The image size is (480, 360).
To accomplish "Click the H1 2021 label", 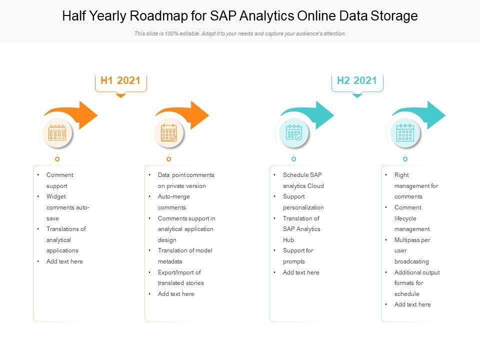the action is (x=120, y=80).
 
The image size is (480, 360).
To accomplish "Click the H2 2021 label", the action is (x=357, y=80).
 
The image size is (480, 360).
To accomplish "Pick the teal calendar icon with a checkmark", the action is (x=293, y=133).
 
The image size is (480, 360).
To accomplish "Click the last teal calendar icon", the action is (x=405, y=133).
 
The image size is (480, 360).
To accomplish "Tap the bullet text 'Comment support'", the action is (x=60, y=180).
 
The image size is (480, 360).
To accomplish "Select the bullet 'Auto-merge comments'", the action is (x=172, y=202).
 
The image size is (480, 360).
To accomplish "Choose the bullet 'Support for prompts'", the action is (x=298, y=256).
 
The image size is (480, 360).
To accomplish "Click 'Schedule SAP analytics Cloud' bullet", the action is (x=303, y=180).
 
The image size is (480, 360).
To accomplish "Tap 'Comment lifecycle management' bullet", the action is (x=412, y=218).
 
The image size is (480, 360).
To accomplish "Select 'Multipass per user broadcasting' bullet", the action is (x=412, y=250).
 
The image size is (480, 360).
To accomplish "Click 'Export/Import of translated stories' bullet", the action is (x=180, y=277).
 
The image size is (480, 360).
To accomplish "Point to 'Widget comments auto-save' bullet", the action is (x=67, y=207).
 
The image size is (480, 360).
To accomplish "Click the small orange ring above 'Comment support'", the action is (x=57, y=158).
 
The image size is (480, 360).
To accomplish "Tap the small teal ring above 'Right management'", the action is (x=405, y=158).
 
